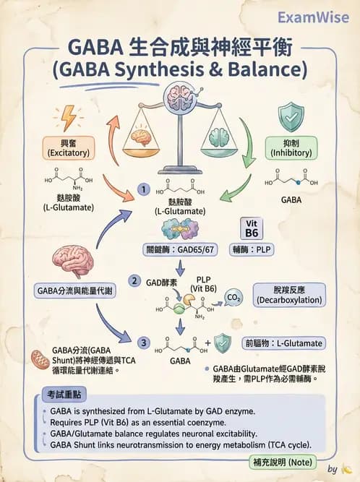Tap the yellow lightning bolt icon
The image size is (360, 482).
[69, 117]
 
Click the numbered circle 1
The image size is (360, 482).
[144, 189]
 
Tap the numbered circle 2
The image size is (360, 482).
[134, 280]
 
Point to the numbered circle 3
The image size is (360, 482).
[144, 343]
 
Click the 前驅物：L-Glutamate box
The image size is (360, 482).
[283, 343]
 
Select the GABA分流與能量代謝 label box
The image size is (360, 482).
[74, 291]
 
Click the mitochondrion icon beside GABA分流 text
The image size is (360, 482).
[40, 358]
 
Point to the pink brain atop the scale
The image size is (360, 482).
[179, 95]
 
